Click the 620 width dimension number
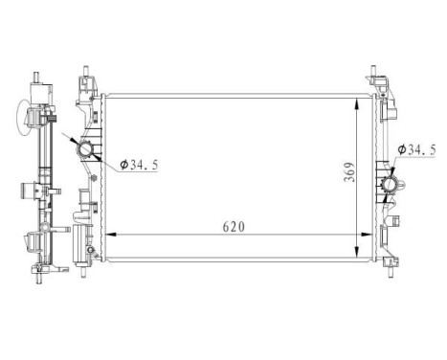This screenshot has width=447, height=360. pos(235,227)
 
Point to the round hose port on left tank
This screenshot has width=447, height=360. pos(86,150)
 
